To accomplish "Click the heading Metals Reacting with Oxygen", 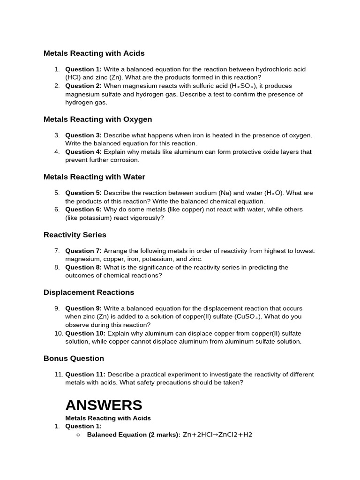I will [97, 120].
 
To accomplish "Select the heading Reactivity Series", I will [75, 235].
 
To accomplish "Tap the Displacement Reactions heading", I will [89, 292].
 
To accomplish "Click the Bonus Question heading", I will [74, 359].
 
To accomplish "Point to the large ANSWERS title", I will [104, 405].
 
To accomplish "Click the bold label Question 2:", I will [83, 86].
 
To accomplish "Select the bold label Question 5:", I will [83, 193].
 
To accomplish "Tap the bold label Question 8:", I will [83, 268].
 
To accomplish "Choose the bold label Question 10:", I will [85, 333].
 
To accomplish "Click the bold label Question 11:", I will [85, 375].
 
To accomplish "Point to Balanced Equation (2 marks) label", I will [133, 435].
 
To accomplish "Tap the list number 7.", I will [57, 251].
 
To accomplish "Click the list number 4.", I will [57, 152].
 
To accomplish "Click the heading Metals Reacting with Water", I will [94, 177].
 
